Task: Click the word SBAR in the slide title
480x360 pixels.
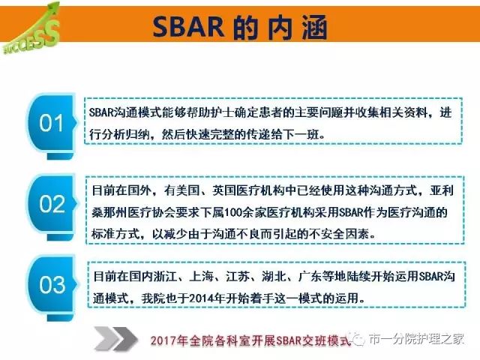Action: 187,28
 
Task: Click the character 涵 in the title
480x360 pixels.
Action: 308,28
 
